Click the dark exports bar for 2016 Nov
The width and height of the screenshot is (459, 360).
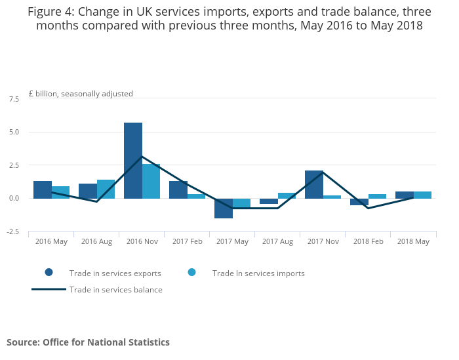[133, 161]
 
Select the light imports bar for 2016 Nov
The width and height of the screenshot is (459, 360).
[151, 181]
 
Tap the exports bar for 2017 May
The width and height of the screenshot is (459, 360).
[224, 208]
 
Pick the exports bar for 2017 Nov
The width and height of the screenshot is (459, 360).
[314, 184]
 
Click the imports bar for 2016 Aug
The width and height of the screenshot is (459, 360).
[106, 189]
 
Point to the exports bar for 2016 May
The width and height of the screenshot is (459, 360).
[43, 190]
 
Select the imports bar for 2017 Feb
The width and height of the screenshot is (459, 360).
[196, 196]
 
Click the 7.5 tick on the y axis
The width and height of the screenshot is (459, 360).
[14, 99]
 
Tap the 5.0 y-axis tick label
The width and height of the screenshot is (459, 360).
[14, 132]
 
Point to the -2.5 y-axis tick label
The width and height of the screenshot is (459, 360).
[13, 231]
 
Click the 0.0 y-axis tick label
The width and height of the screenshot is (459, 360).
[14, 198]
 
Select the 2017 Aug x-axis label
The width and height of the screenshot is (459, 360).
[277, 242]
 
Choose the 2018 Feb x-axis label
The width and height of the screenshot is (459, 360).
[368, 242]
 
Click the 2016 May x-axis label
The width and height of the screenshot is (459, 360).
[51, 242]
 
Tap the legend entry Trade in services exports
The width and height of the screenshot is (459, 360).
[115, 273]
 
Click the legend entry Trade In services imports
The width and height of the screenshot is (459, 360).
[258, 273]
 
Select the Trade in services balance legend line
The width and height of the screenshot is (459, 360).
[49, 289]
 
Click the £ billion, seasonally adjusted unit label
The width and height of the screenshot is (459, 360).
[81, 94]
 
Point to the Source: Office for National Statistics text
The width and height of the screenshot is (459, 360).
[88, 342]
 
